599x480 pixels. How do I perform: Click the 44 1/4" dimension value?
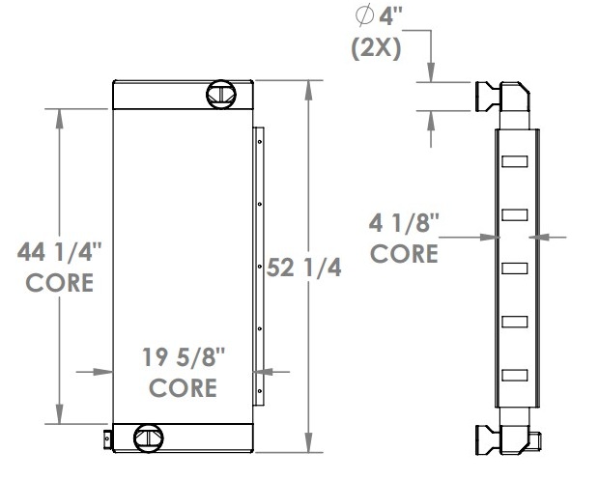(x=60, y=254)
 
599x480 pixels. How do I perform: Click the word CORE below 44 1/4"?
(x=60, y=284)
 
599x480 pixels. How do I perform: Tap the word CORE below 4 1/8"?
(x=405, y=255)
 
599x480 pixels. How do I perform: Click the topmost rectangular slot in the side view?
(x=515, y=159)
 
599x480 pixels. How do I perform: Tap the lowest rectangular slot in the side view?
(x=515, y=373)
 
